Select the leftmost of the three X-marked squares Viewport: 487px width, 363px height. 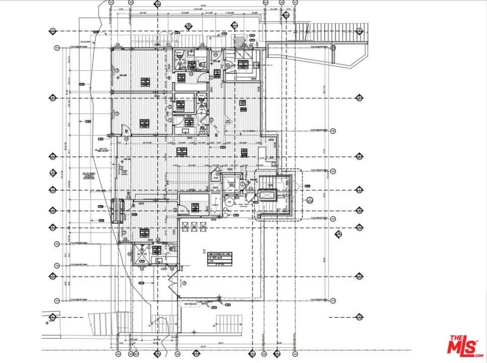[x=184, y=227]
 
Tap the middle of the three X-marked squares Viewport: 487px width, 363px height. [x=193, y=227]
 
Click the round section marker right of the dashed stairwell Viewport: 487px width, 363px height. [x=309, y=199]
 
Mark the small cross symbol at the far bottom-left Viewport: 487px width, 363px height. [x=47, y=322]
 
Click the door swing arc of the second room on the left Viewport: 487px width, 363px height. [x=127, y=131]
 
